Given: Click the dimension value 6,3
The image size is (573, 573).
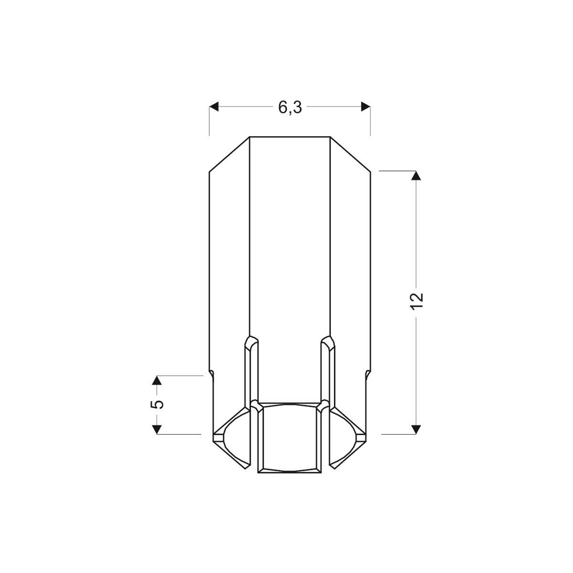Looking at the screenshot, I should click(290, 108).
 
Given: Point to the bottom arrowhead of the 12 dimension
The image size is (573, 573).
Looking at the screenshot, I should click(416, 429).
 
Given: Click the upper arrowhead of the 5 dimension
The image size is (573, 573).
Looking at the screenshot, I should click(156, 381).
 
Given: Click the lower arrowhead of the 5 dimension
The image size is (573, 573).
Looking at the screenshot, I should click(156, 429).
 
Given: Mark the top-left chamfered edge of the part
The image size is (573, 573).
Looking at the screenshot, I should click(230, 154).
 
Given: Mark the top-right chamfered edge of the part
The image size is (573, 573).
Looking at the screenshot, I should click(350, 154).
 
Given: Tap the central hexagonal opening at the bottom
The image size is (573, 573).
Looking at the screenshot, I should click(289, 437).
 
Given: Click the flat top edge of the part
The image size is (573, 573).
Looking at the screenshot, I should click(290, 137).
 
